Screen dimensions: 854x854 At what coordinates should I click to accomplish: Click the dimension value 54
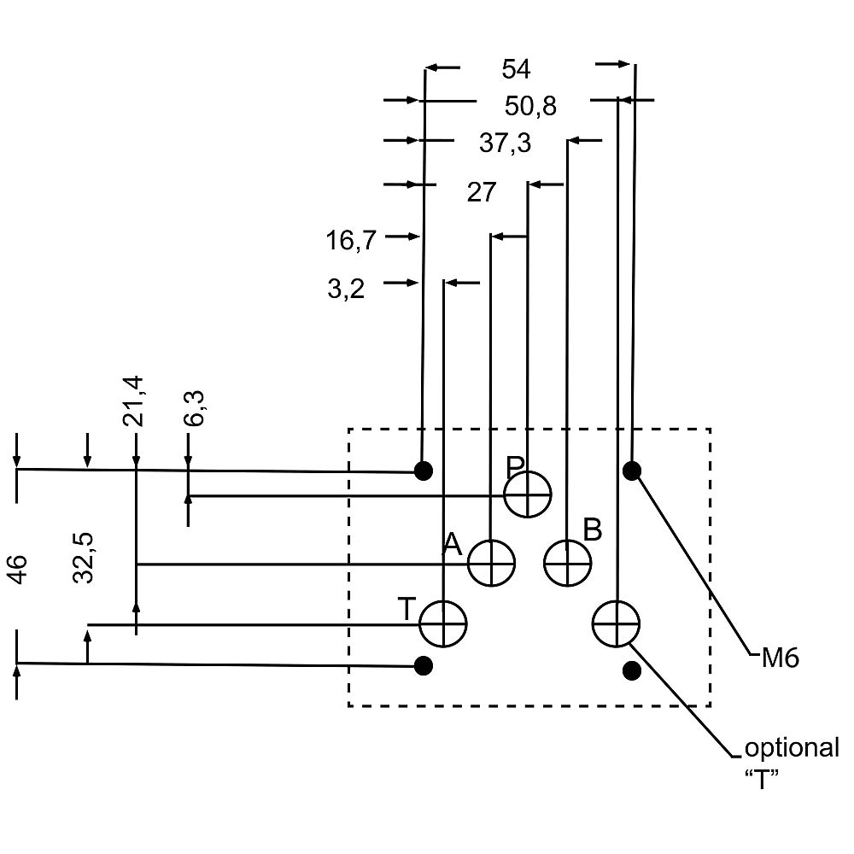(x=516, y=69)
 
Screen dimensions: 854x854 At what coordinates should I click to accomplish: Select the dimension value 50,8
(x=530, y=106)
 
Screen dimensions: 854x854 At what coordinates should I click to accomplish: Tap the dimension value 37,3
(x=505, y=143)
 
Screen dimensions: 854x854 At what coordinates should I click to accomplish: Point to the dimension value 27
(x=481, y=192)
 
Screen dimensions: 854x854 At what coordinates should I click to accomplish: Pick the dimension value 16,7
(x=351, y=241)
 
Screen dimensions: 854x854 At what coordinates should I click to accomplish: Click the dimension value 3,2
(x=346, y=289)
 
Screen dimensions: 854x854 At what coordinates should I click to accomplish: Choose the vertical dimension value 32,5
(x=83, y=557)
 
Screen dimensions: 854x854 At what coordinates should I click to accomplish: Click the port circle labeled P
(x=528, y=494)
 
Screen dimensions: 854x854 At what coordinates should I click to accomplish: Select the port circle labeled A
(x=491, y=563)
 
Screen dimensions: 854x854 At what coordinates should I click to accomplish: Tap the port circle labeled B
(x=569, y=563)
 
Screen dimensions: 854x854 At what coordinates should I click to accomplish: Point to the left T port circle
(x=443, y=624)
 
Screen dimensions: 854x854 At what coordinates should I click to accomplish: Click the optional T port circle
(x=617, y=624)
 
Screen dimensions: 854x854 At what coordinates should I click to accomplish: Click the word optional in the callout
(x=792, y=748)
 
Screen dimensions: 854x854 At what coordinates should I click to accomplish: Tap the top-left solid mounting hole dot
(x=424, y=470)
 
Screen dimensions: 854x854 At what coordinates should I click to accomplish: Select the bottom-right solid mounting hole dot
(x=632, y=670)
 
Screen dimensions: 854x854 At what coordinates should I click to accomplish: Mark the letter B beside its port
(x=593, y=529)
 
